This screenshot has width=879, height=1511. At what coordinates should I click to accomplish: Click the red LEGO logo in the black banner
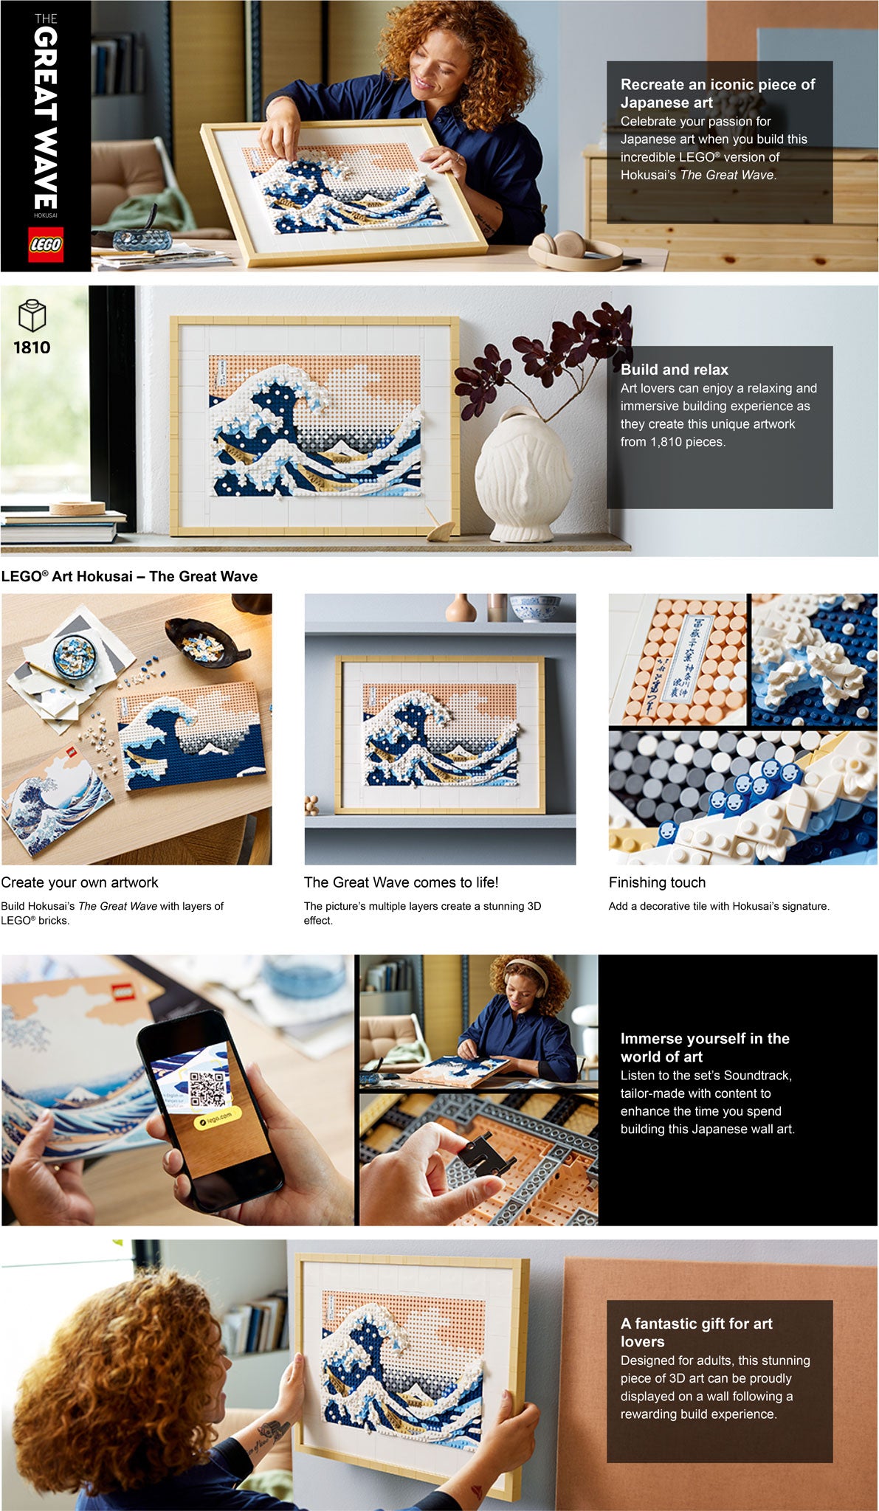tap(46, 245)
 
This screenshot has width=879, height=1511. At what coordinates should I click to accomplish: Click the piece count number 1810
tap(32, 348)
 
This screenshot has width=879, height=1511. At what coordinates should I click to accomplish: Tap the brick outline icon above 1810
tap(32, 316)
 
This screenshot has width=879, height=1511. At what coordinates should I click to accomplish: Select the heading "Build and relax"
tap(675, 370)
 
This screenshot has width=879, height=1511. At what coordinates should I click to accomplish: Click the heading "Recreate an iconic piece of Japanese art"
tap(717, 94)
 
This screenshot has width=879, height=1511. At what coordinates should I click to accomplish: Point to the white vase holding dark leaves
tap(523, 473)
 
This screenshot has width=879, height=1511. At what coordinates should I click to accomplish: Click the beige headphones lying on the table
tap(574, 250)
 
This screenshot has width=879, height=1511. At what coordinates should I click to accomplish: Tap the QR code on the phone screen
tap(207, 1089)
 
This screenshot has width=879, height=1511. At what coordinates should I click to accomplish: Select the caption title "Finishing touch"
tap(657, 882)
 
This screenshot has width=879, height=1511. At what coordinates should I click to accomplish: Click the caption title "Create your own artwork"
tap(80, 882)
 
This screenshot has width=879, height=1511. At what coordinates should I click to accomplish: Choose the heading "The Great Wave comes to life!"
tap(401, 882)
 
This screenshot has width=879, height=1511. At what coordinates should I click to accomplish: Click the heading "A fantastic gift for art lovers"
tap(696, 1332)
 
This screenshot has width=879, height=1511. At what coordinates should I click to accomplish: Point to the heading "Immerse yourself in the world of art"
tap(705, 1048)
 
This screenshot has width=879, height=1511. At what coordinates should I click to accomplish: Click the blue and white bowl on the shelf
tap(536, 608)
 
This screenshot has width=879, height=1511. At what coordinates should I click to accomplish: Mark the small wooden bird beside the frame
tap(440, 527)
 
